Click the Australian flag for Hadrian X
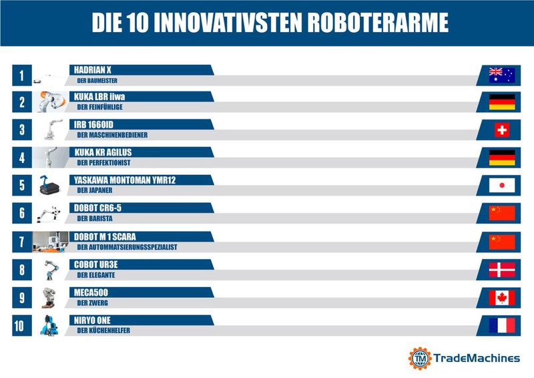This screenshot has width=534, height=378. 502,75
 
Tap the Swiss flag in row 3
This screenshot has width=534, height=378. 502,130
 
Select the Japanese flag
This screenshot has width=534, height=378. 502,185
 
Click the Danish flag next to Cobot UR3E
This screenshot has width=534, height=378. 502,270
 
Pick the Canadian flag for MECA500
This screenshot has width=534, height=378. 502,298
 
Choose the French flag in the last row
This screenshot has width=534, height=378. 502,325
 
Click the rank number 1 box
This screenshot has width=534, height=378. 21,75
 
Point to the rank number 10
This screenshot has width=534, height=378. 21,326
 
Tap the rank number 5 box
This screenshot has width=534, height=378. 21,186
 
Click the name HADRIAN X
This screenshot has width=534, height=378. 93,70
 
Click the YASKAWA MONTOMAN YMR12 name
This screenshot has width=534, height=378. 125,180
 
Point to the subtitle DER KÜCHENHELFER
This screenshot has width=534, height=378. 103,331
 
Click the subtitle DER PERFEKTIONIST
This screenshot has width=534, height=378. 103,162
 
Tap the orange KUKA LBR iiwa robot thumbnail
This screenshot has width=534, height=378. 50,102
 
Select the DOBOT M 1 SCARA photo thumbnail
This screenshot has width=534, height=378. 50,242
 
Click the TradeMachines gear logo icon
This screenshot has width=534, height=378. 420,359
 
